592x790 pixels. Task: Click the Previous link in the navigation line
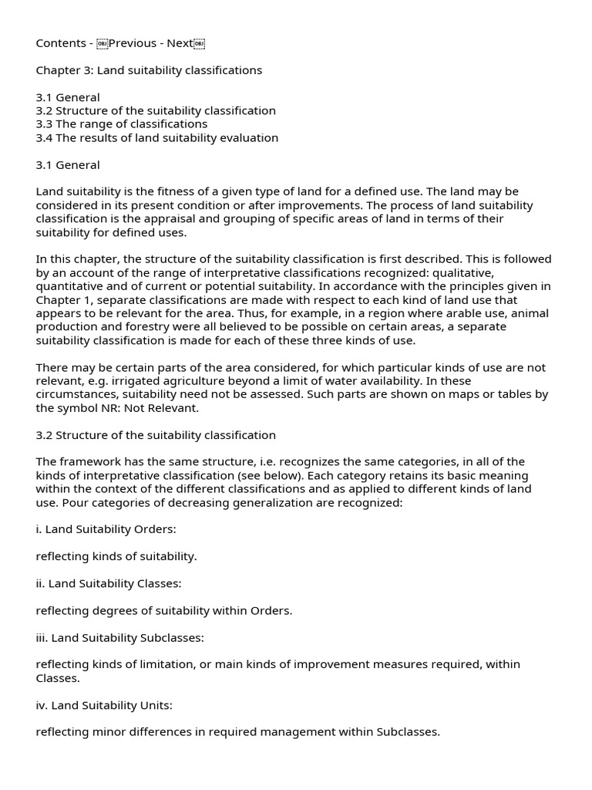click(x=133, y=43)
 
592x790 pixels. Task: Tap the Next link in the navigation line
click(x=180, y=43)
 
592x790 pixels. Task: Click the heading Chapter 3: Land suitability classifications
click(x=149, y=70)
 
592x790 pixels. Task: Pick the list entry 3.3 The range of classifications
click(x=122, y=124)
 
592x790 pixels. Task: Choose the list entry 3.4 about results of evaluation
click(x=157, y=138)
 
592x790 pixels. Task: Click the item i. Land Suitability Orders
click(x=106, y=530)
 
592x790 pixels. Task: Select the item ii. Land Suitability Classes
click(x=109, y=584)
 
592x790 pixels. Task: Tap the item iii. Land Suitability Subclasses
click(x=119, y=638)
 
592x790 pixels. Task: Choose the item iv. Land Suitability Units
click(x=104, y=705)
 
